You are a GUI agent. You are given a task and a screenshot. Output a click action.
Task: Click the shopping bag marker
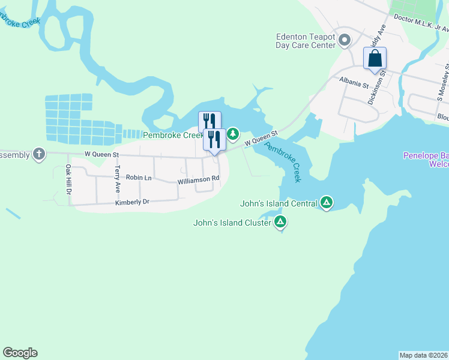(x=375, y=59)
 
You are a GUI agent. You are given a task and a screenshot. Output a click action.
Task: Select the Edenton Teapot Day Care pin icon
(x=345, y=40)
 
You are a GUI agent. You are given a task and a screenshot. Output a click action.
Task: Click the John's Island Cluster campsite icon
(x=280, y=223)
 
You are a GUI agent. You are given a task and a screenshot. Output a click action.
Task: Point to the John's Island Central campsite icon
(x=327, y=203)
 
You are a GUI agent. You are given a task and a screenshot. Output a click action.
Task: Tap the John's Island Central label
(x=279, y=203)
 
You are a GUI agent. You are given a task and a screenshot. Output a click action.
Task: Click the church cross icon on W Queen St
(x=39, y=154)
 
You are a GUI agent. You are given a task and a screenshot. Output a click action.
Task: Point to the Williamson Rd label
(x=199, y=179)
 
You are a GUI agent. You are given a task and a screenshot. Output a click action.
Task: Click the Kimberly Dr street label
(x=131, y=203)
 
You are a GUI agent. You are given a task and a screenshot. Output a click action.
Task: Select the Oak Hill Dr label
(x=68, y=179)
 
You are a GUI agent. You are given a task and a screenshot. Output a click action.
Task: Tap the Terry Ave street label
(x=118, y=178)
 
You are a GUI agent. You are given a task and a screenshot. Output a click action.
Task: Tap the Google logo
(x=20, y=353)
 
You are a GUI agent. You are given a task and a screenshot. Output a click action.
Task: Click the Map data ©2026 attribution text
(x=423, y=355)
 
